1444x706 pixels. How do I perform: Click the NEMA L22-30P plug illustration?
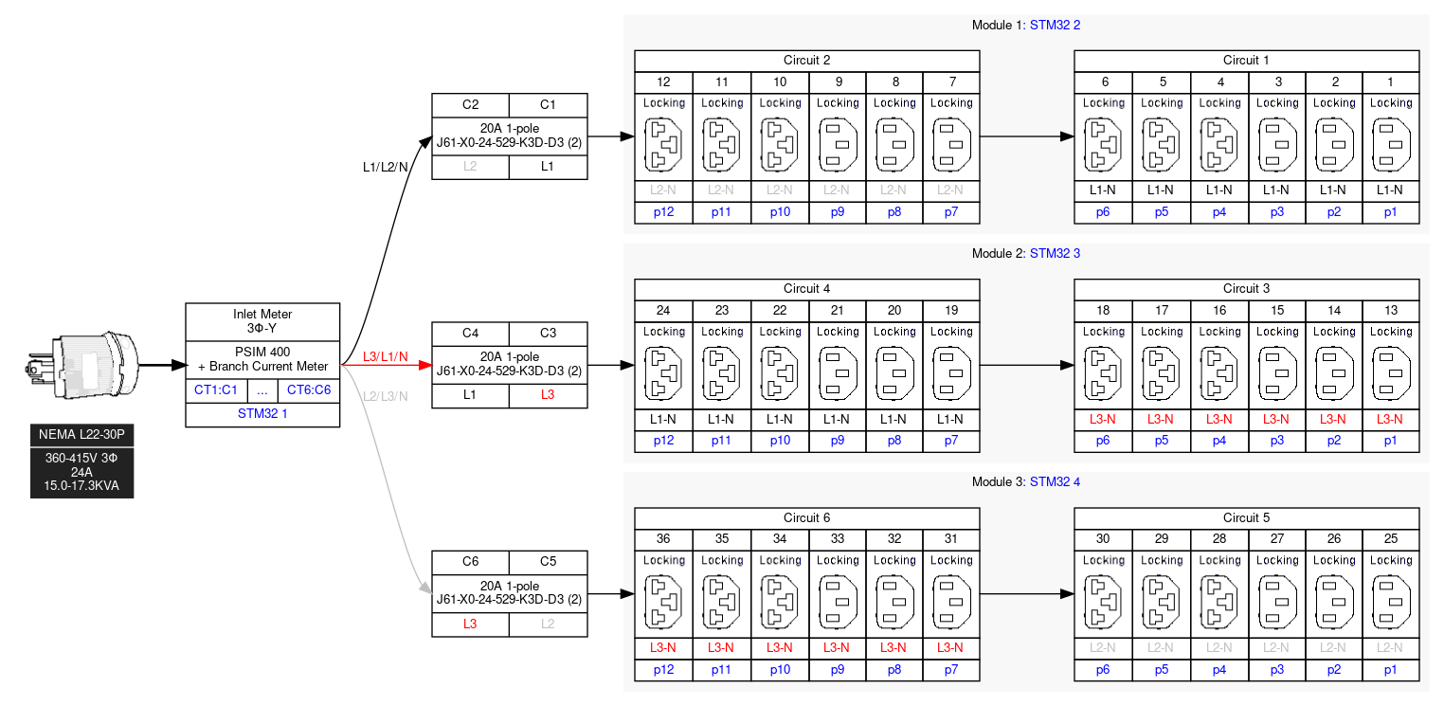pyautogui.click(x=81, y=365)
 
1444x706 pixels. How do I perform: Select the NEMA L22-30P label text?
pyautogui.click(x=81, y=435)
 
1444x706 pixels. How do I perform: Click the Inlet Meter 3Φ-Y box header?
pyautogui.click(x=262, y=321)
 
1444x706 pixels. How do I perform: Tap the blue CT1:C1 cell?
pyautogui.click(x=216, y=389)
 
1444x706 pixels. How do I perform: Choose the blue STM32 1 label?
pyautogui.click(x=262, y=414)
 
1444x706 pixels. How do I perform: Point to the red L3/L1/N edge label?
pyautogui.click(x=385, y=357)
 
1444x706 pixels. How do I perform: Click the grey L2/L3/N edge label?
pyautogui.click(x=385, y=396)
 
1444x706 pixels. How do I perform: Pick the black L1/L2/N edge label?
pyautogui.click(x=386, y=167)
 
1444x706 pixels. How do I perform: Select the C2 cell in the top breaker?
pyautogui.click(x=470, y=104)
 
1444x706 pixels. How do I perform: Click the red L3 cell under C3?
pyautogui.click(x=548, y=395)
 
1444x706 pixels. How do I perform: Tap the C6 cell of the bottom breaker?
pyautogui.click(x=470, y=562)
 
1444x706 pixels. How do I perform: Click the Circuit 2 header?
pyautogui.click(x=806, y=61)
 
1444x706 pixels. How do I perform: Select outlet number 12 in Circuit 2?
pyautogui.click(x=663, y=82)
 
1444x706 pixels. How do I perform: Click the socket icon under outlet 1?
pyautogui.click(x=1390, y=144)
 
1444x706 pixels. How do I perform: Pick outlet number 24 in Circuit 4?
pyautogui.click(x=663, y=311)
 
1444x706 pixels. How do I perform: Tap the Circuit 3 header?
pyautogui.click(x=1246, y=289)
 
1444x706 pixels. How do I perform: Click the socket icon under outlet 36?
pyautogui.click(x=663, y=602)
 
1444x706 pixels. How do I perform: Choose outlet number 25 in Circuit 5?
pyautogui.click(x=1390, y=539)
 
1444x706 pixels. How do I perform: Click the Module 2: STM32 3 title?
pyautogui.click(x=1025, y=254)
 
